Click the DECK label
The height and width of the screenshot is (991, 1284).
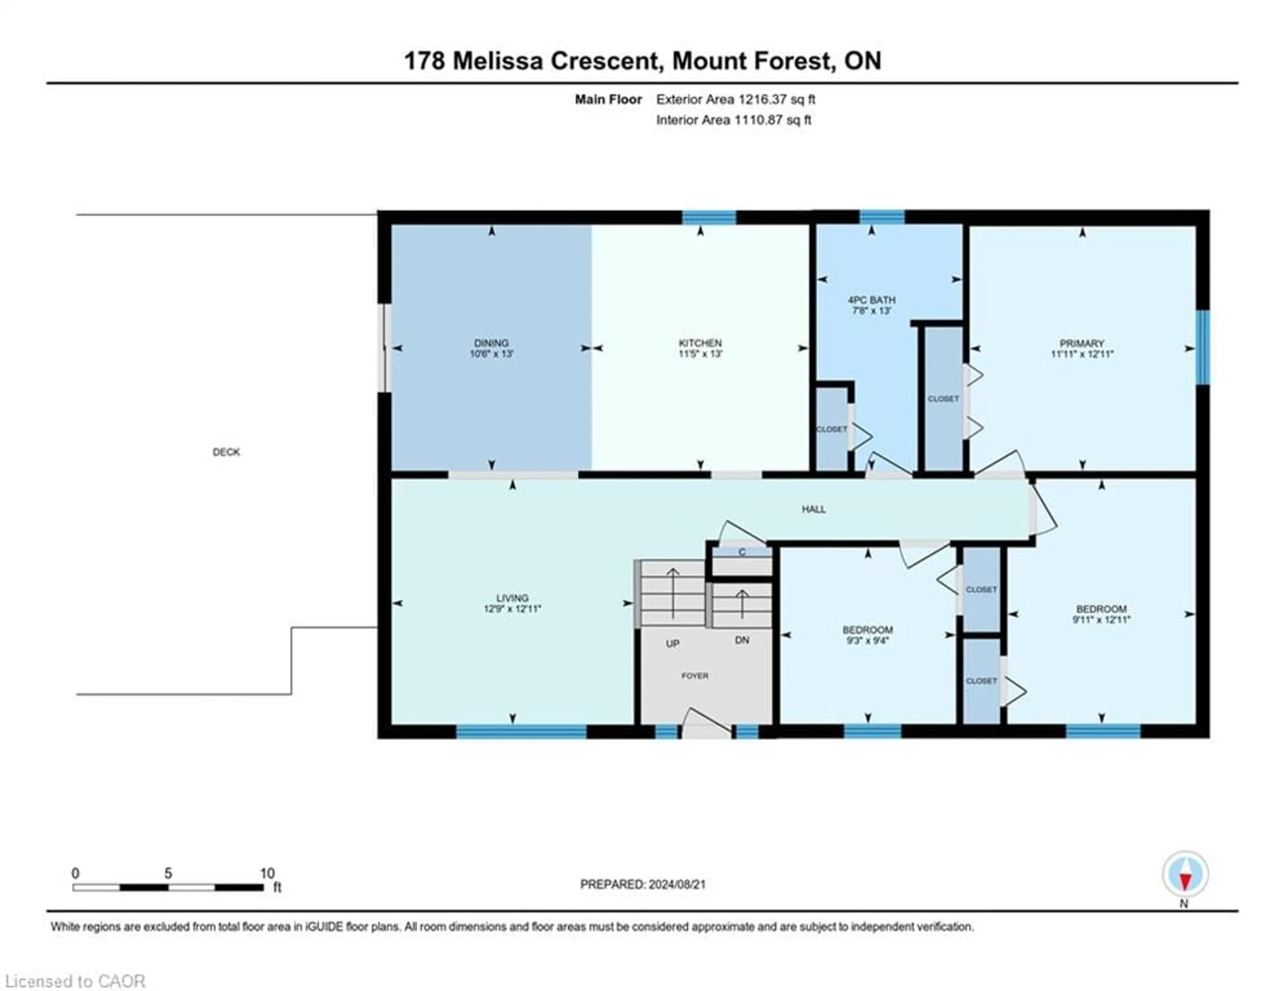[x=226, y=452]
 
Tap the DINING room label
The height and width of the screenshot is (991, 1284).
[x=492, y=343]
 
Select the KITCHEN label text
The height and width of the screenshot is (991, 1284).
[x=700, y=343]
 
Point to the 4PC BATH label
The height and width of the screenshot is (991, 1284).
[x=871, y=300]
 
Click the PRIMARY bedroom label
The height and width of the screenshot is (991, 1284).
[x=1082, y=343]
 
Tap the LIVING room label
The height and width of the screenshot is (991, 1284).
[x=512, y=598]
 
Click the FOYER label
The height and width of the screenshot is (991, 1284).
[x=695, y=676]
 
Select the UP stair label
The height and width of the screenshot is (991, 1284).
[x=672, y=644]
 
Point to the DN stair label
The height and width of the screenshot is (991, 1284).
[x=742, y=640]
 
